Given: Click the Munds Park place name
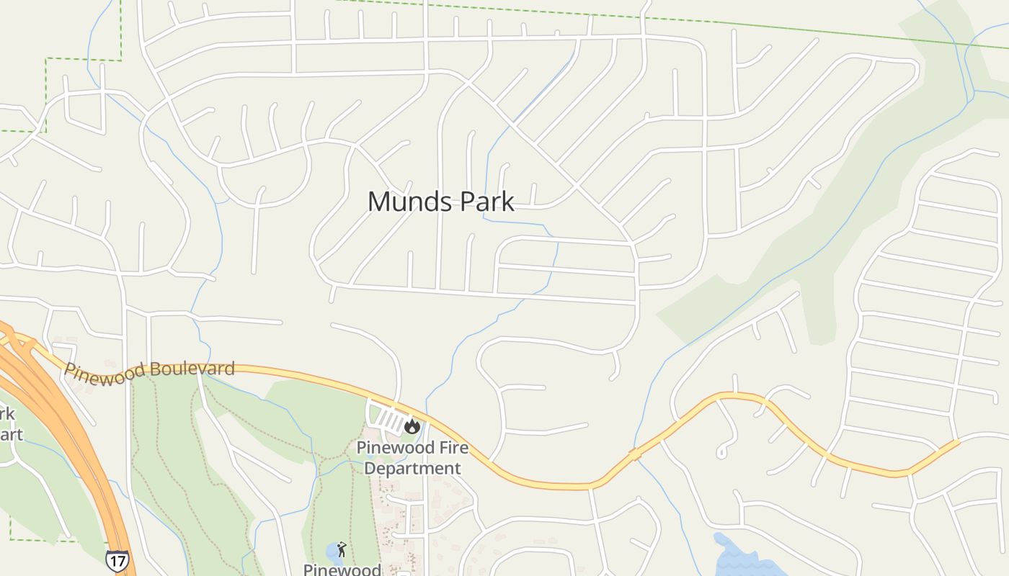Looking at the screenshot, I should click(441, 202).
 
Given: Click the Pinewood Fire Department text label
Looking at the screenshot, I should click(412, 458).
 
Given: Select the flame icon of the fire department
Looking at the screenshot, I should click(412, 426).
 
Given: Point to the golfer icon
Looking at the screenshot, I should click(341, 550).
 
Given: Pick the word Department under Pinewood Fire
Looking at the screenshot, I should click(412, 468).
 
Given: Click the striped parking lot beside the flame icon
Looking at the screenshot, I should click(388, 420).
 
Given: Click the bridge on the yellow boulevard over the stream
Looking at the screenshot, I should click(635, 454).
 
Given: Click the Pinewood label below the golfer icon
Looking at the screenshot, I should click(342, 570).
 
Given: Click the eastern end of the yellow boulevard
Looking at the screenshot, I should click(956, 442).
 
